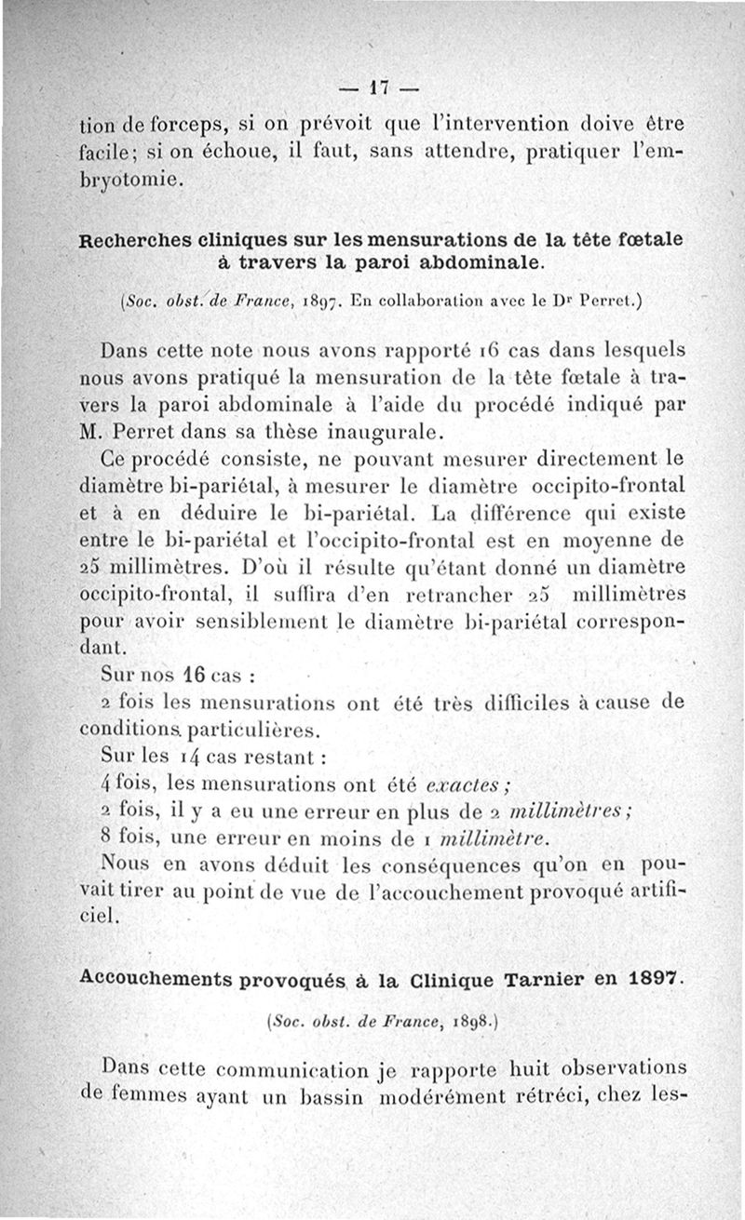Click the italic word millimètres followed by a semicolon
tap(552, 805)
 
